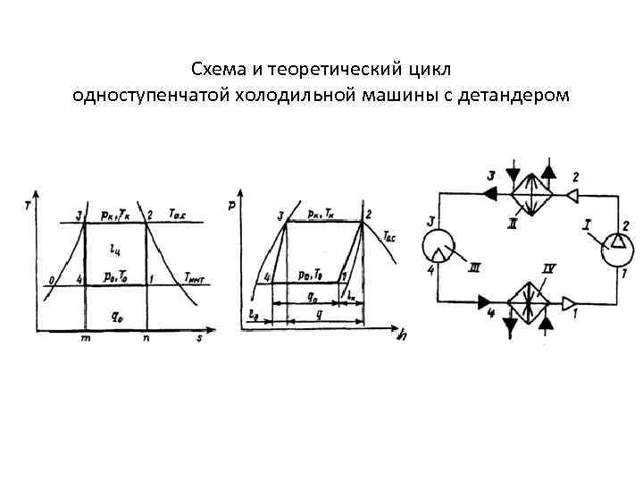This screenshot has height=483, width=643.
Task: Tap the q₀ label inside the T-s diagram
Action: [117, 314]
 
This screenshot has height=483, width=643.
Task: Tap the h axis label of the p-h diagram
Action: [404, 336]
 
